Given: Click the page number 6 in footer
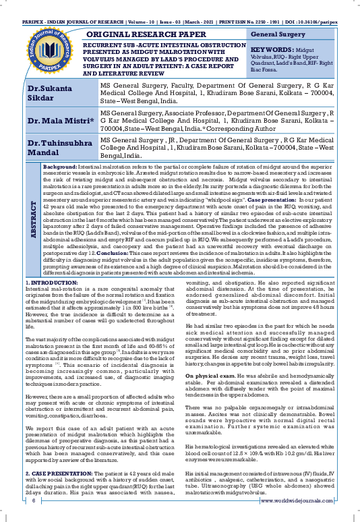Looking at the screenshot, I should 32,501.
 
